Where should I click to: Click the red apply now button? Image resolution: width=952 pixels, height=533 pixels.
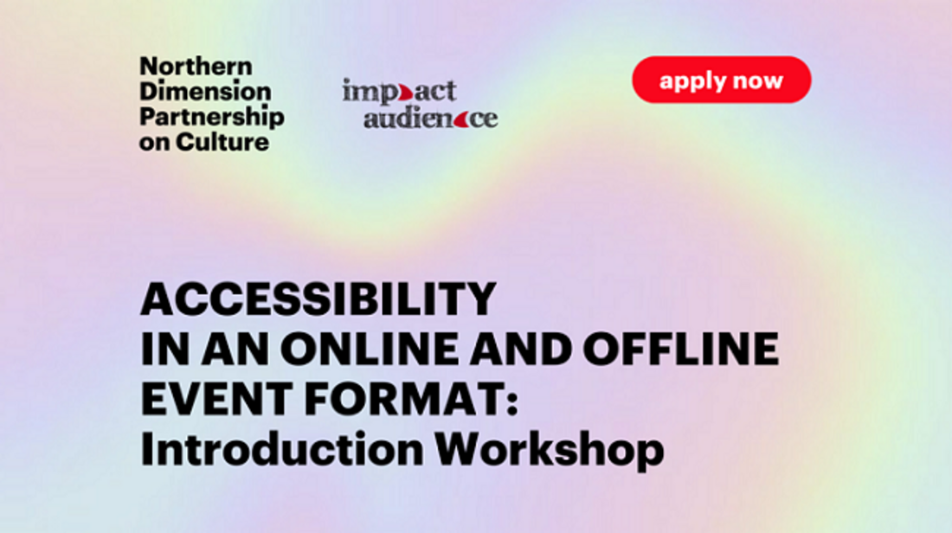pyautogui.click(x=721, y=80)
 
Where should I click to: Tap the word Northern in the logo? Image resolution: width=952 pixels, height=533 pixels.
pyautogui.click(x=196, y=66)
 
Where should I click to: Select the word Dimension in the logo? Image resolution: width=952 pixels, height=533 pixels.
pyautogui.click(x=205, y=92)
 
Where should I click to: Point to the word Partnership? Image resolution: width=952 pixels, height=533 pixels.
pyautogui.click(x=212, y=117)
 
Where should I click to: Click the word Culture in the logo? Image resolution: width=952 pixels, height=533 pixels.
pyautogui.click(x=222, y=142)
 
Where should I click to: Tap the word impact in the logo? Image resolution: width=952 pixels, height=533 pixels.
pyautogui.click(x=399, y=91)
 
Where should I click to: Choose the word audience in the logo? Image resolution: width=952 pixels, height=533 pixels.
pyautogui.click(x=430, y=117)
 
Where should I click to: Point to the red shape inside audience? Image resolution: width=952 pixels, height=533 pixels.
pyautogui.click(x=460, y=119)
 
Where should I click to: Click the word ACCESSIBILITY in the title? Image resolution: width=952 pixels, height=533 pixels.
pyautogui.click(x=318, y=299)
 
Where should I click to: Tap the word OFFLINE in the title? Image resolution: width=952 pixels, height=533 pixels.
pyautogui.click(x=680, y=349)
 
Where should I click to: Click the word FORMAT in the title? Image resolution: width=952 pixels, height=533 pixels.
pyautogui.click(x=402, y=399)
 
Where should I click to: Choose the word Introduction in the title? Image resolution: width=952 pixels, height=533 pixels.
pyautogui.click(x=282, y=449)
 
